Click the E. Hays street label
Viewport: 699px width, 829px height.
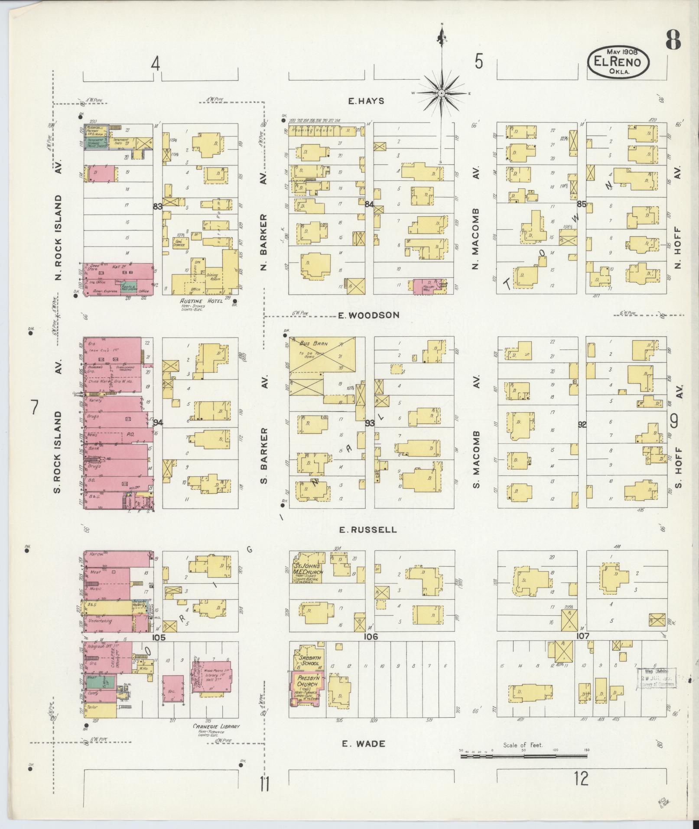point(366,101)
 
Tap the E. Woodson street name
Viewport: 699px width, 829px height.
point(368,315)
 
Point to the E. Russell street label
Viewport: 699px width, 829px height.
point(367,530)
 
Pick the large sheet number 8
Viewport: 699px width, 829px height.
point(673,41)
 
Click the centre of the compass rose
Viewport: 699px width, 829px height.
point(441,93)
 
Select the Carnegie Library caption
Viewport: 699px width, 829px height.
point(216,727)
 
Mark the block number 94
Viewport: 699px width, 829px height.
point(158,423)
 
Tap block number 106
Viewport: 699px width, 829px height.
point(371,636)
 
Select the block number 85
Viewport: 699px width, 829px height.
point(582,204)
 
